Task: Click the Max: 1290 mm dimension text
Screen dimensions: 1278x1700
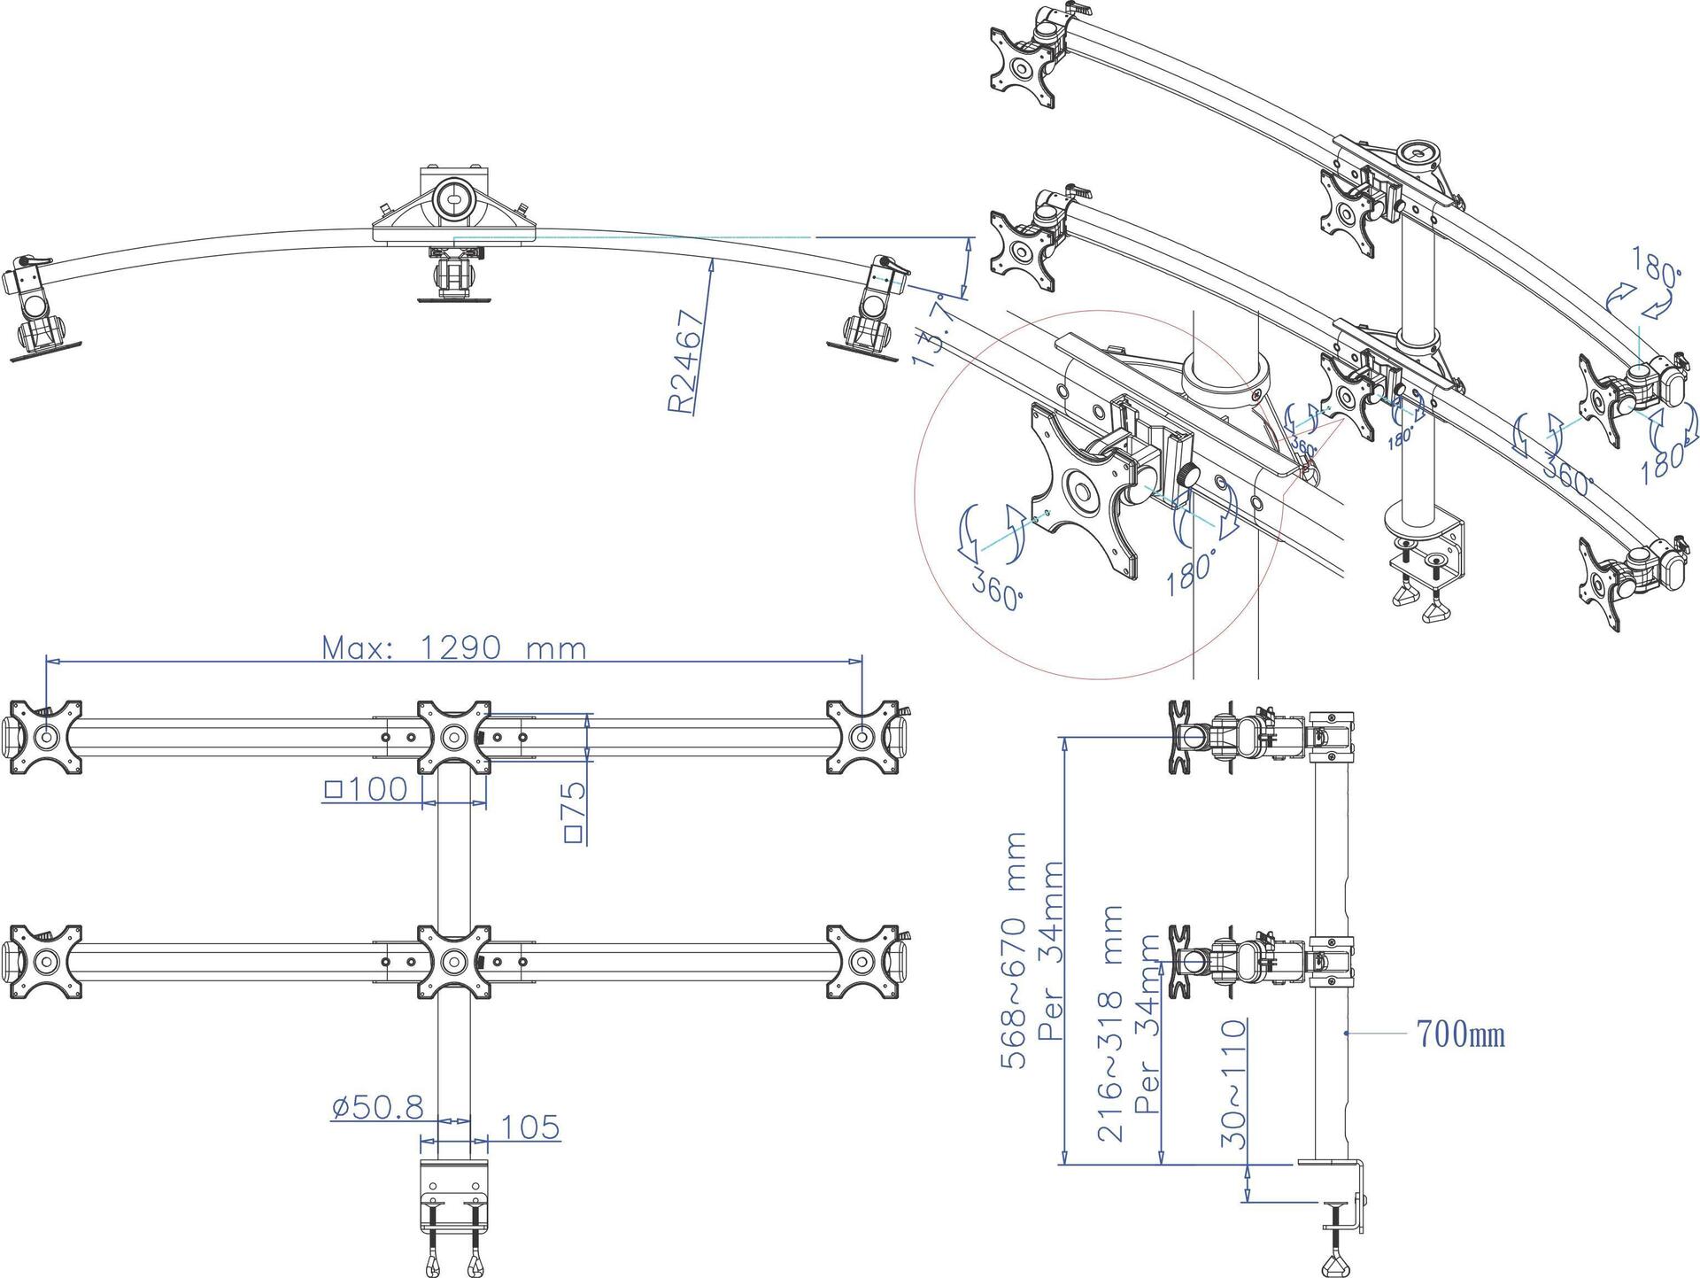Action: click(453, 648)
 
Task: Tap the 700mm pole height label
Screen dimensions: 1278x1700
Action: click(1461, 1034)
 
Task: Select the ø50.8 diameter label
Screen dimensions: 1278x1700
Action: click(378, 1107)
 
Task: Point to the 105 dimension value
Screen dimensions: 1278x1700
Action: click(530, 1127)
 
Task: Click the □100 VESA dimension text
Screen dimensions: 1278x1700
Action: click(367, 788)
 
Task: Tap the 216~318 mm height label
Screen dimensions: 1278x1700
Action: click(1110, 1023)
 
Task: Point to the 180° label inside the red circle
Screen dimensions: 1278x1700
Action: click(1192, 569)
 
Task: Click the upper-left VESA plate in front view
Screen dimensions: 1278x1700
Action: click(46, 737)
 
